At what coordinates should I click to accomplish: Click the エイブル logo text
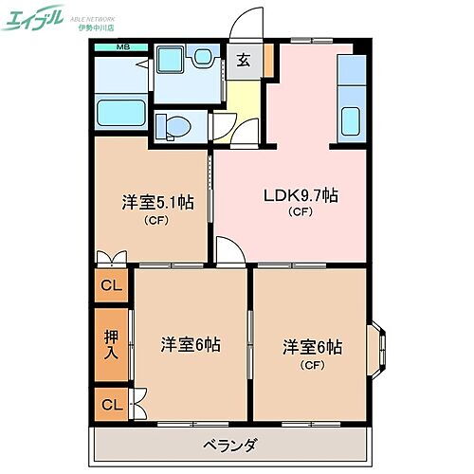pos(37,20)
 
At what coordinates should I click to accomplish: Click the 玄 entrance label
pos(244,62)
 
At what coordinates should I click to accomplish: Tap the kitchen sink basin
pos(351,121)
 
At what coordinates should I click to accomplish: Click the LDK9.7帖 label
pos(300,196)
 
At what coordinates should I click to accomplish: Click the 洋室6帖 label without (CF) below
pos(190,344)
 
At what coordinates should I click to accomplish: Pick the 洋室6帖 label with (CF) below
pos(311,347)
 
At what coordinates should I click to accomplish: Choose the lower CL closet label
pos(112,405)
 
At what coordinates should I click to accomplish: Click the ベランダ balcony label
pos(230,446)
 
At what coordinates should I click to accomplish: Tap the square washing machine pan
pos(173,64)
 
